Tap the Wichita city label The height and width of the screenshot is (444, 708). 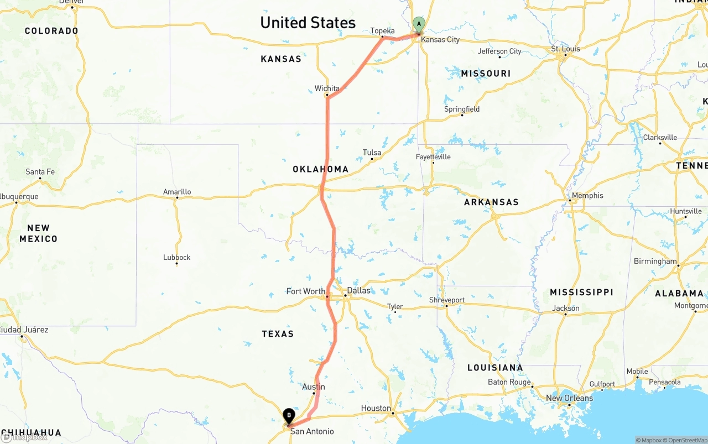(327, 88)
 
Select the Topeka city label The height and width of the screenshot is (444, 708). (383, 30)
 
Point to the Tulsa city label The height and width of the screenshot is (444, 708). (372, 153)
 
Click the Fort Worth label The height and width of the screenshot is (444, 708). (305, 291)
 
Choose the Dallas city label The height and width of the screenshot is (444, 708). (358, 290)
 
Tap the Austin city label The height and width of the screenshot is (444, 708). (314, 387)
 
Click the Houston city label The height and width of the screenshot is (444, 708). (376, 409)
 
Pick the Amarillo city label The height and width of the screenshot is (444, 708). (177, 192)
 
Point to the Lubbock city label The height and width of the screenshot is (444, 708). (177, 257)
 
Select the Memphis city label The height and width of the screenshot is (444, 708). (587, 195)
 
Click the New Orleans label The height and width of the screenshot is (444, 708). (569, 398)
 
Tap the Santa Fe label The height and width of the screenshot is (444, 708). (40, 172)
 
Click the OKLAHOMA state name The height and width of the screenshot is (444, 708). (321, 169)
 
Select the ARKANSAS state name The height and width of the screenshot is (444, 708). (491, 202)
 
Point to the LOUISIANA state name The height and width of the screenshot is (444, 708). (495, 368)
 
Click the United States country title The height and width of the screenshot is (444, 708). (308, 23)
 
